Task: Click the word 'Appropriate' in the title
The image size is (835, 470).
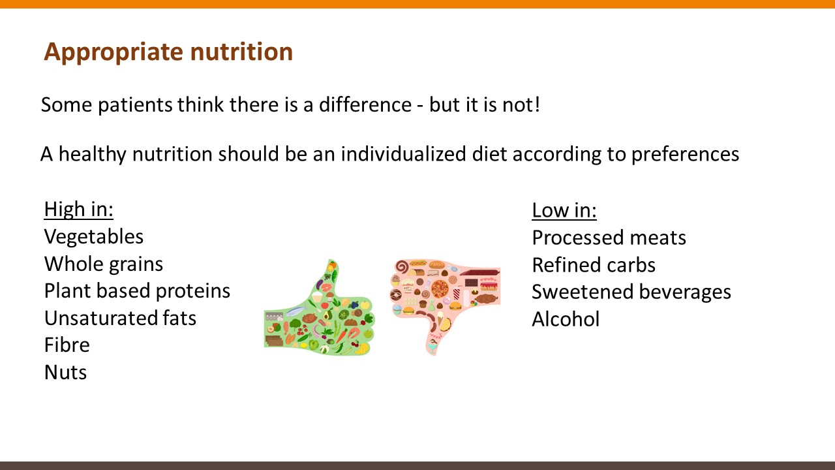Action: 114,52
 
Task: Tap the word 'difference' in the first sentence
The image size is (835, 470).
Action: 365,104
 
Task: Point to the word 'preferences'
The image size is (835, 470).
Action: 685,155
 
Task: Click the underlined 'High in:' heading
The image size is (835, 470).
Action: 79,210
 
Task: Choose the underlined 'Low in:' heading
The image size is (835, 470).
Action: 564,210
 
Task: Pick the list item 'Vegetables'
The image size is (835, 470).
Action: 93,237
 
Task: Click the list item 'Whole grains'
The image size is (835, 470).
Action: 104,264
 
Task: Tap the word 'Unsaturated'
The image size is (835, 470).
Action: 100,318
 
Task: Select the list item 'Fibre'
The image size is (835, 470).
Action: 67,345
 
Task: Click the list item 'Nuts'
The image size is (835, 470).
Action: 65,373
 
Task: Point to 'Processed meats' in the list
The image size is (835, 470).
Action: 609,238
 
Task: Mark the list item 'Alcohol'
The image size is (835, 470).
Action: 566,319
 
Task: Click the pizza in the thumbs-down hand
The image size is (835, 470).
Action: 440,289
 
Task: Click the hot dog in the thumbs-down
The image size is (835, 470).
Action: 418,263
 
